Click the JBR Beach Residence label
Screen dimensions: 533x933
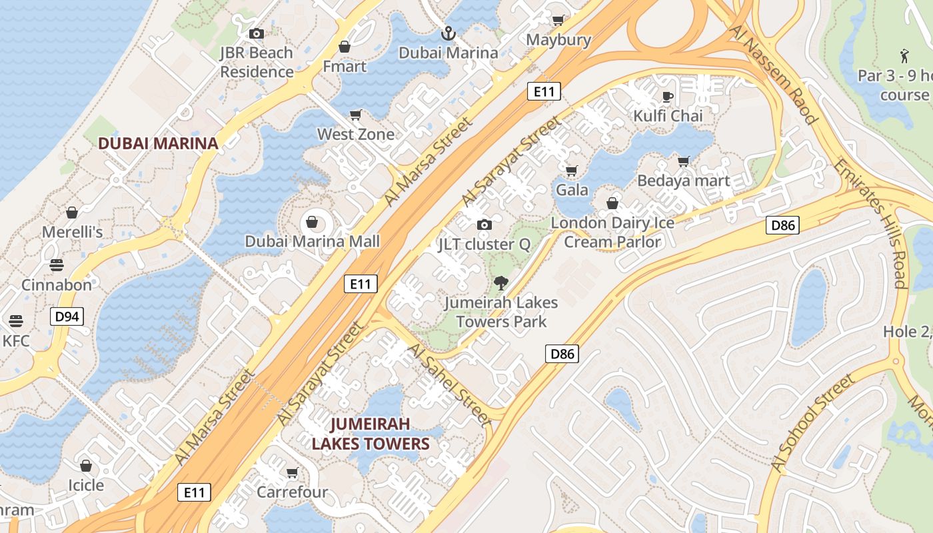click(x=257, y=62)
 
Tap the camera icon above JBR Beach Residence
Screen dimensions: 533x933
click(x=257, y=33)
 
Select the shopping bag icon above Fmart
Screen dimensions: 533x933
click(x=345, y=47)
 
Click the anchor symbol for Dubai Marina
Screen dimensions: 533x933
click(x=449, y=33)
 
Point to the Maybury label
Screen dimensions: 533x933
click(x=558, y=40)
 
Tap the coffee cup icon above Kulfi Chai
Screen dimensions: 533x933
click(x=668, y=97)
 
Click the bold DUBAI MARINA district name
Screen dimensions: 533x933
click(x=159, y=143)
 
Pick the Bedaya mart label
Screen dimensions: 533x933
click(x=684, y=181)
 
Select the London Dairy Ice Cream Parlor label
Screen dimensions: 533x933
click(x=612, y=232)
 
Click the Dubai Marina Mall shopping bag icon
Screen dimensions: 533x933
click(x=312, y=222)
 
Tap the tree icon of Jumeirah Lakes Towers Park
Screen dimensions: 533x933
click(x=500, y=283)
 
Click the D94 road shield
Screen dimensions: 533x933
click(x=67, y=316)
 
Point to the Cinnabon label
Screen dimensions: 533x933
click(x=57, y=285)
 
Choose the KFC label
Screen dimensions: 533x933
click(x=17, y=341)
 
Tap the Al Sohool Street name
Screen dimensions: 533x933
click(x=811, y=424)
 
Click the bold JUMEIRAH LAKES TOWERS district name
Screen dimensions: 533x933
click(x=371, y=434)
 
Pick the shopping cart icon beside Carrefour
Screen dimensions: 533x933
click(x=292, y=473)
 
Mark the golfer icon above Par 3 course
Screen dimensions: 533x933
click(x=904, y=55)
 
